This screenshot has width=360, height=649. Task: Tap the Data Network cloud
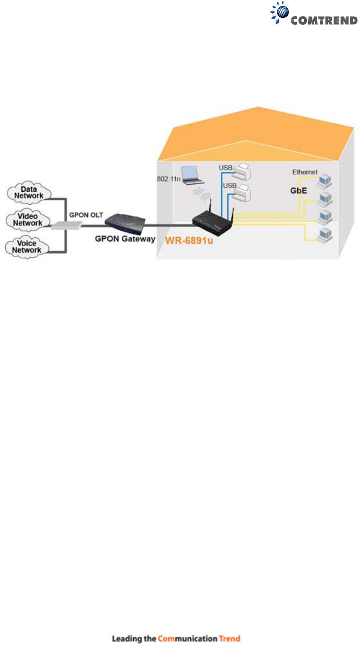(29, 193)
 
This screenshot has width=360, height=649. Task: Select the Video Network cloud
(28, 219)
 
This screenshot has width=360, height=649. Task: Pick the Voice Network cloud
(26, 247)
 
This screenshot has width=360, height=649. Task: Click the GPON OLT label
(86, 215)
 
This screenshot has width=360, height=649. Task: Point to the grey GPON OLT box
(66, 225)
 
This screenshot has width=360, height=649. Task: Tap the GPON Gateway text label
(125, 239)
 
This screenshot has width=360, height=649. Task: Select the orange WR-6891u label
(189, 241)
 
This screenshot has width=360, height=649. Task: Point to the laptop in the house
(193, 175)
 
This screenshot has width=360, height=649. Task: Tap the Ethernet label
(305, 172)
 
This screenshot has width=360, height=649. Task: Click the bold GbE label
(299, 190)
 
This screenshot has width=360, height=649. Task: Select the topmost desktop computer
(325, 182)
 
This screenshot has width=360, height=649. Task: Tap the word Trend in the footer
(230, 639)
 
